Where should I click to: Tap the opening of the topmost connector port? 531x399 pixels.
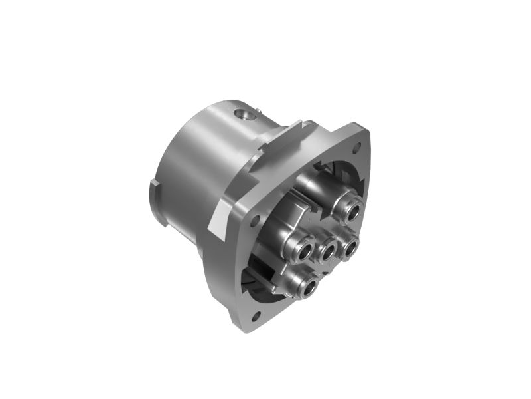point(352,212)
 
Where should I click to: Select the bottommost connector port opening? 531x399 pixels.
point(309,287)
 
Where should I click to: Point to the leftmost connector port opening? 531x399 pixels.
point(305,251)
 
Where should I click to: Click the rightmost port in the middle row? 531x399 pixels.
point(350,248)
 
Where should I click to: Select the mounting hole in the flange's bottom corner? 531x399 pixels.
point(256,315)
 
